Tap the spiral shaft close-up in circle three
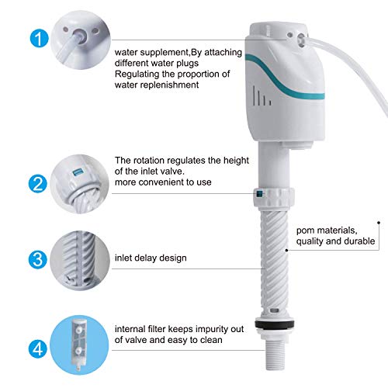click(77, 258)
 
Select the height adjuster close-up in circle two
click(77, 183)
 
